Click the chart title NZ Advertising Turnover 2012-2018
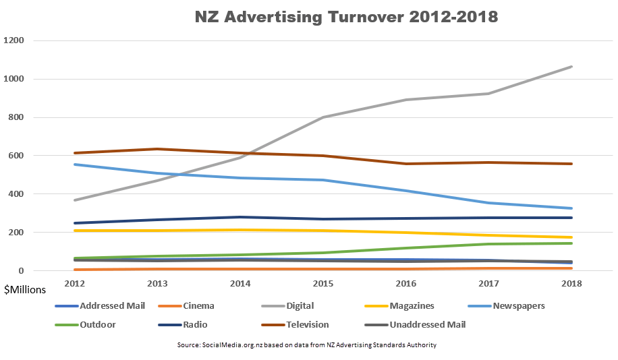click(337, 17)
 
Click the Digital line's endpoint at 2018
click(572, 67)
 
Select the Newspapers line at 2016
click(407, 191)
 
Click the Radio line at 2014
click(241, 217)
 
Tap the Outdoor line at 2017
click(489, 244)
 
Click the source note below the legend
click(307, 344)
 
